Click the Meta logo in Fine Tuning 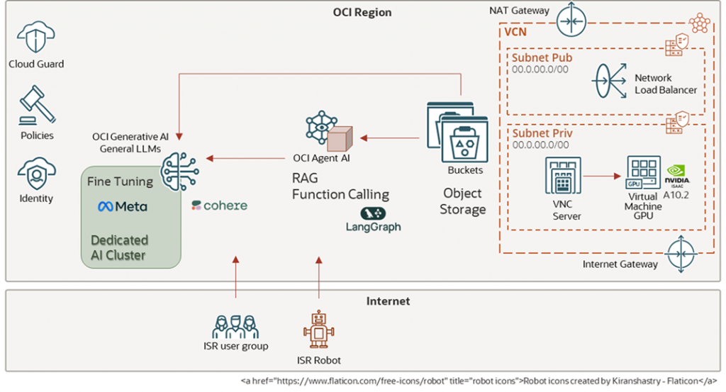[x=123, y=206]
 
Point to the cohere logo [x=219, y=206]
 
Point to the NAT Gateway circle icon [x=572, y=19]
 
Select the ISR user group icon [x=235, y=327]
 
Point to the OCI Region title [x=362, y=13]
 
